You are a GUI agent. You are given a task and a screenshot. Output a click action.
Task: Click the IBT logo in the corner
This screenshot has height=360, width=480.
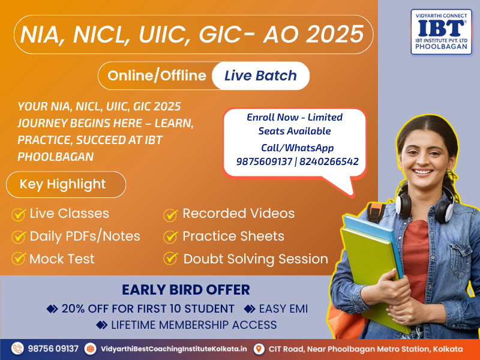441,32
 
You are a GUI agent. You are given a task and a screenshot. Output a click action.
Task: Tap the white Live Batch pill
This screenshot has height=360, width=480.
260,76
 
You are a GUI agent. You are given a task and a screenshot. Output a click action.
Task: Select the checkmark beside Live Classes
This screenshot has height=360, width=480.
19,214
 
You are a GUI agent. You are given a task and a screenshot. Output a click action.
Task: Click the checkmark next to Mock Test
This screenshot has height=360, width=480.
19,259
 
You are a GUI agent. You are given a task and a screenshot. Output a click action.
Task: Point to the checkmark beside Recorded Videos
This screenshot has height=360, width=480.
170,215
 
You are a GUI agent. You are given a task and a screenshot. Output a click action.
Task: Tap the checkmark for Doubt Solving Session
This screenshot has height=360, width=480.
170,259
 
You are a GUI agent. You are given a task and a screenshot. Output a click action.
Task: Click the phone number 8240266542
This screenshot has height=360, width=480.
329,161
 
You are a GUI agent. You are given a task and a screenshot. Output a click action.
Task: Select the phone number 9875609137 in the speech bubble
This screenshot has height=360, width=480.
264,161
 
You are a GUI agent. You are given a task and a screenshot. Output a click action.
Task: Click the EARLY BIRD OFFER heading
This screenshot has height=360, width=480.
186,290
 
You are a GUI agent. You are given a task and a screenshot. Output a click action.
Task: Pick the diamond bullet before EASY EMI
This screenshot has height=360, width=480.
250,309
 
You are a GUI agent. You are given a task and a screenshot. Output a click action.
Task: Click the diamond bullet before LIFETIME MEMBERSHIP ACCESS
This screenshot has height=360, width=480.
101,325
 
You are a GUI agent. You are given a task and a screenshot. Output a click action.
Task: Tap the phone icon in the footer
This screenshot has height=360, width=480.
17,349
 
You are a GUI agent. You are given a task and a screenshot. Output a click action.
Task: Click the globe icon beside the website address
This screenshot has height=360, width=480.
91,349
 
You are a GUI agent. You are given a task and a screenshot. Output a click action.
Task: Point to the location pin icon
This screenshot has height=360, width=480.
259,349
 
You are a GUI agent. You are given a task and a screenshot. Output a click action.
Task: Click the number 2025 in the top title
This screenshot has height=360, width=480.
335,34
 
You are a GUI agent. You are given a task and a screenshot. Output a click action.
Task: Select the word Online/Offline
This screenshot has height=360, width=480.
157,76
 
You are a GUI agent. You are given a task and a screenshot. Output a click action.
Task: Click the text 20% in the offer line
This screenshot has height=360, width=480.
73,309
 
